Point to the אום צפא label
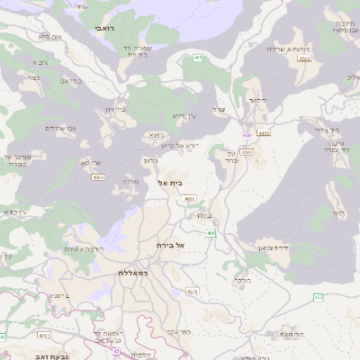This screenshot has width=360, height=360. [x=49, y=37]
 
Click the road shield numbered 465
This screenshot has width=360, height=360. [x=197, y=58]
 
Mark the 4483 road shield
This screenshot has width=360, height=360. [x=264, y=133]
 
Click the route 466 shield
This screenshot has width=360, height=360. [x=211, y=233]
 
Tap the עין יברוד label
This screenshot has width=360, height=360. [x=229, y=158]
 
